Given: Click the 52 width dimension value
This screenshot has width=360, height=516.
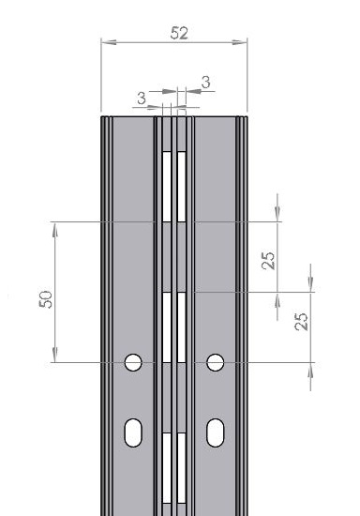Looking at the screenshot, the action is [179, 33].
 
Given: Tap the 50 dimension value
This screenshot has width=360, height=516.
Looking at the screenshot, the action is [46, 299].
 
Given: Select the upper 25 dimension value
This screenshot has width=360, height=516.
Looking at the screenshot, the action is [268, 261].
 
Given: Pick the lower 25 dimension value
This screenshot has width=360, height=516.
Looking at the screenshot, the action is [302, 322].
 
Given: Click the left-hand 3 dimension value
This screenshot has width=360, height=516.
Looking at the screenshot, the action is [142, 99].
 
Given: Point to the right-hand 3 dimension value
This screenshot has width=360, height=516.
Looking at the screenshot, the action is [206, 83].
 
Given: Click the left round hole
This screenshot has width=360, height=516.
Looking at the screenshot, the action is [133, 362].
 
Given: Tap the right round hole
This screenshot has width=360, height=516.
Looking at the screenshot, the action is [216, 362].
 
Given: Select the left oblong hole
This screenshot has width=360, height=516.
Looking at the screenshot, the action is [133, 433].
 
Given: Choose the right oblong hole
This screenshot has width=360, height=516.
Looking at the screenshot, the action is [216, 433].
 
